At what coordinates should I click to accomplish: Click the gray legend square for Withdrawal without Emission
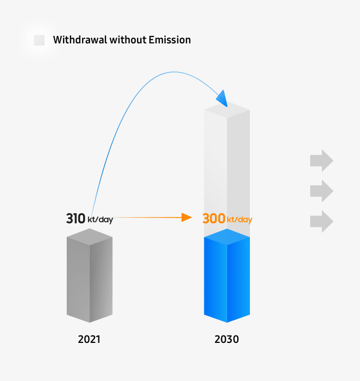click(x=39, y=40)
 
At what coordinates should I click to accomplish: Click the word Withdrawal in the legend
click(x=80, y=40)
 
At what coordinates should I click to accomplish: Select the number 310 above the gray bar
click(x=76, y=219)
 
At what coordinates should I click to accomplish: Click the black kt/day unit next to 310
click(x=101, y=220)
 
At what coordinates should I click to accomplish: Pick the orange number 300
click(x=214, y=219)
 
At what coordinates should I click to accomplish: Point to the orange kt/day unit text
click(x=239, y=220)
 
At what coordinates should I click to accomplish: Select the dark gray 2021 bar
click(x=89, y=280)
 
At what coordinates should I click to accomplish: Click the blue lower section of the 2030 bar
click(x=227, y=280)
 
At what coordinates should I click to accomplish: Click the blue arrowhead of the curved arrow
click(x=222, y=98)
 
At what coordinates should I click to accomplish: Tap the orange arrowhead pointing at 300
click(x=186, y=217)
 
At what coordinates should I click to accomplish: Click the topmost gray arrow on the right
click(x=321, y=160)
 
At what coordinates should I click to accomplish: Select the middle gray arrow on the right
click(x=321, y=190)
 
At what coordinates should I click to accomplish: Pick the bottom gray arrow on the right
click(x=321, y=221)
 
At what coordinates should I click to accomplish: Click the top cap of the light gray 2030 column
click(x=227, y=110)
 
